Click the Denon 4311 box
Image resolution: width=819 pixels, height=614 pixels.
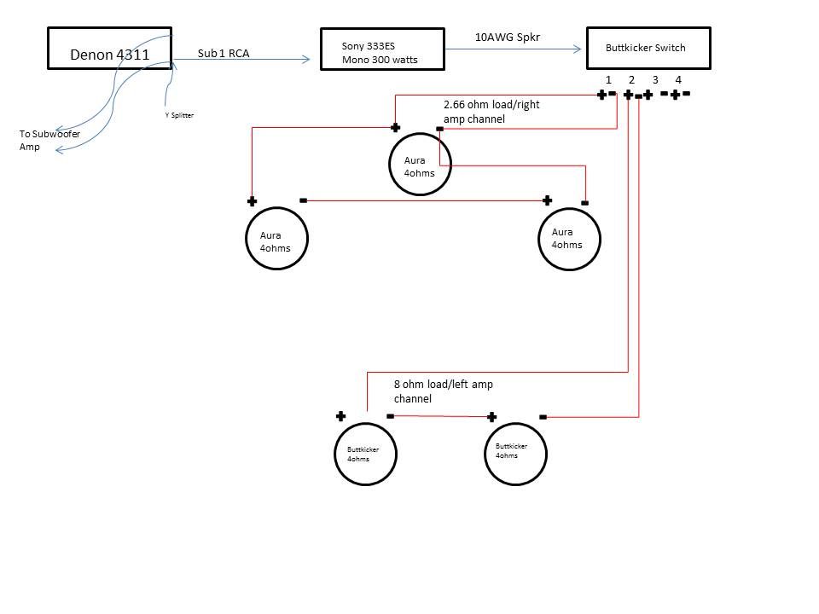coord(109,48)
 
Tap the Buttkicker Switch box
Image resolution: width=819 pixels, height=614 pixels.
coord(648,48)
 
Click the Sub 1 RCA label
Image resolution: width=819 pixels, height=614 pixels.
coord(224,52)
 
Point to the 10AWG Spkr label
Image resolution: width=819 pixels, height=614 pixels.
coord(507,38)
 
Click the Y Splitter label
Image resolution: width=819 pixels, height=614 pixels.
coord(179,115)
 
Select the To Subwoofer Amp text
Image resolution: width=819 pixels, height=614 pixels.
coord(49,141)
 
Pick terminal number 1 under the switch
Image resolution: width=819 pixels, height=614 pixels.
coord(608,80)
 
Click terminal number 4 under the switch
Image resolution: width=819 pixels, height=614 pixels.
coord(678,80)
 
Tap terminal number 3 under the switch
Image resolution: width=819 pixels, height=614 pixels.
coord(655,80)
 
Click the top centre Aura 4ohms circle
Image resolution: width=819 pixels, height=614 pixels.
coord(420,165)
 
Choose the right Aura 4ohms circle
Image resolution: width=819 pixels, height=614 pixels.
coord(569,239)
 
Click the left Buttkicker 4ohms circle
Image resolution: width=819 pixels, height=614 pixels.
coord(364,454)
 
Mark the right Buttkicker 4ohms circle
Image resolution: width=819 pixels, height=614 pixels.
coord(514,454)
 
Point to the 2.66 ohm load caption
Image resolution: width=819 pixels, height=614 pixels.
coord(491,112)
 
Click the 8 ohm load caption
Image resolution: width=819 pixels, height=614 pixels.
coord(443,391)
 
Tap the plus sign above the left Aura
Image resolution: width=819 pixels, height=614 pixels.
coord(252,201)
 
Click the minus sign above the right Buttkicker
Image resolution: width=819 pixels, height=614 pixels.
coord(543,417)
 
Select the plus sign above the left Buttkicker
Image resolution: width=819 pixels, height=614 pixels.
coord(340,416)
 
